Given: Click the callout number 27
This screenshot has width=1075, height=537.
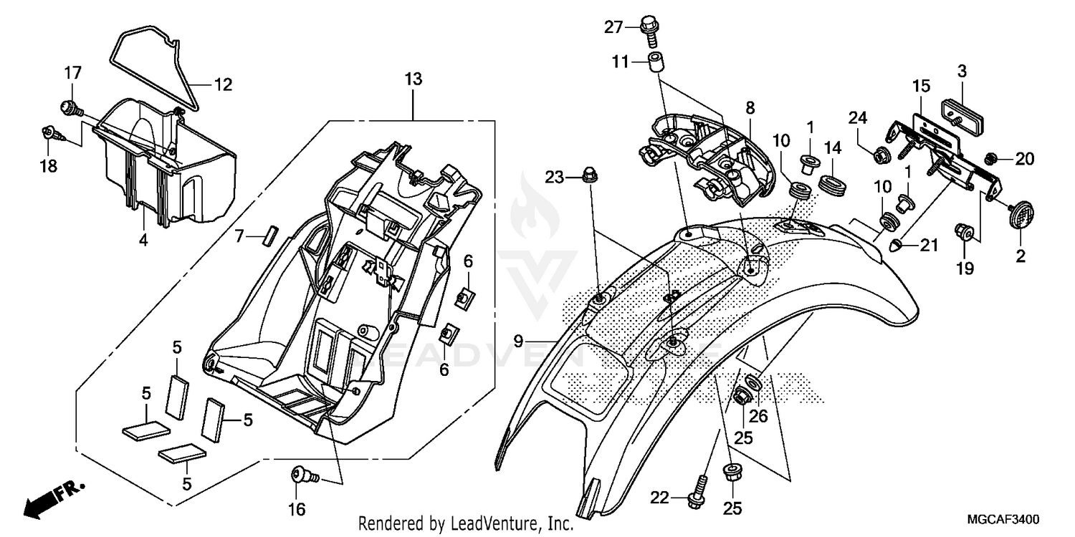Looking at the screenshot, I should click(x=613, y=27).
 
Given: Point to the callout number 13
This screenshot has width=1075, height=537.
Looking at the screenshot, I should click(x=413, y=79).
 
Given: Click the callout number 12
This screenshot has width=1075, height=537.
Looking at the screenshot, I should click(x=223, y=84).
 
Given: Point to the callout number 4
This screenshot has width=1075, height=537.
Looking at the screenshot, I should click(x=143, y=241).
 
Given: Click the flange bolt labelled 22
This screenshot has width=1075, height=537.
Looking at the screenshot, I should click(x=694, y=498).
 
